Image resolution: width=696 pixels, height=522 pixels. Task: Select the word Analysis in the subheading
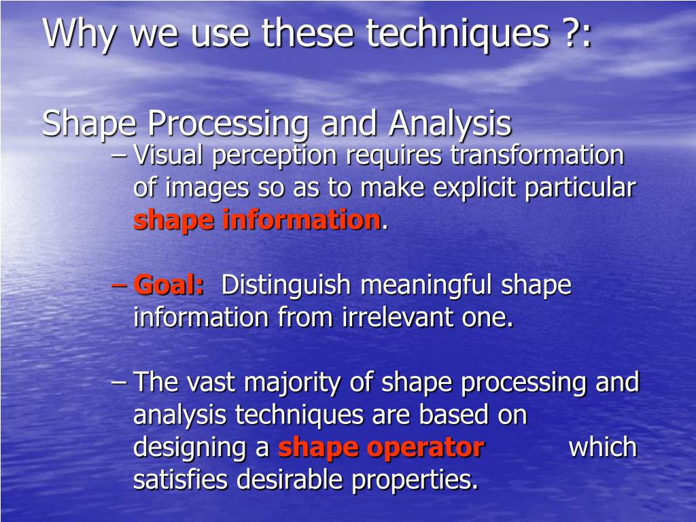tap(450, 124)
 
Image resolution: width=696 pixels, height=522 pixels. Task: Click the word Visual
tap(169, 156)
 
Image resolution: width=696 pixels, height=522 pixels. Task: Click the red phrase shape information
tap(257, 220)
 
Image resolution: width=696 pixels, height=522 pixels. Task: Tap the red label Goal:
tap(169, 285)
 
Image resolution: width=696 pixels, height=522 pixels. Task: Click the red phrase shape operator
tap(381, 448)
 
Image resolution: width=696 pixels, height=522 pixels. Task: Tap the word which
tap(602, 448)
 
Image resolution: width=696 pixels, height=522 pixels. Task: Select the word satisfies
tap(181, 481)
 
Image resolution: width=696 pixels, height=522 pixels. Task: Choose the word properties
tap(415, 481)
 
